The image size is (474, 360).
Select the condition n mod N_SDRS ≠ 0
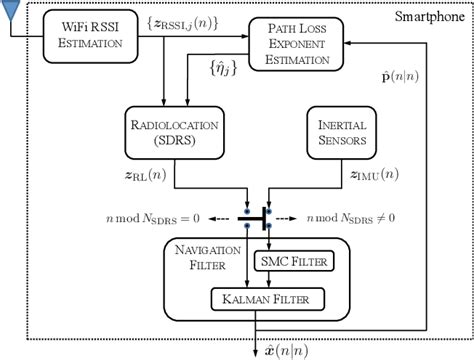click(357, 216)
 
